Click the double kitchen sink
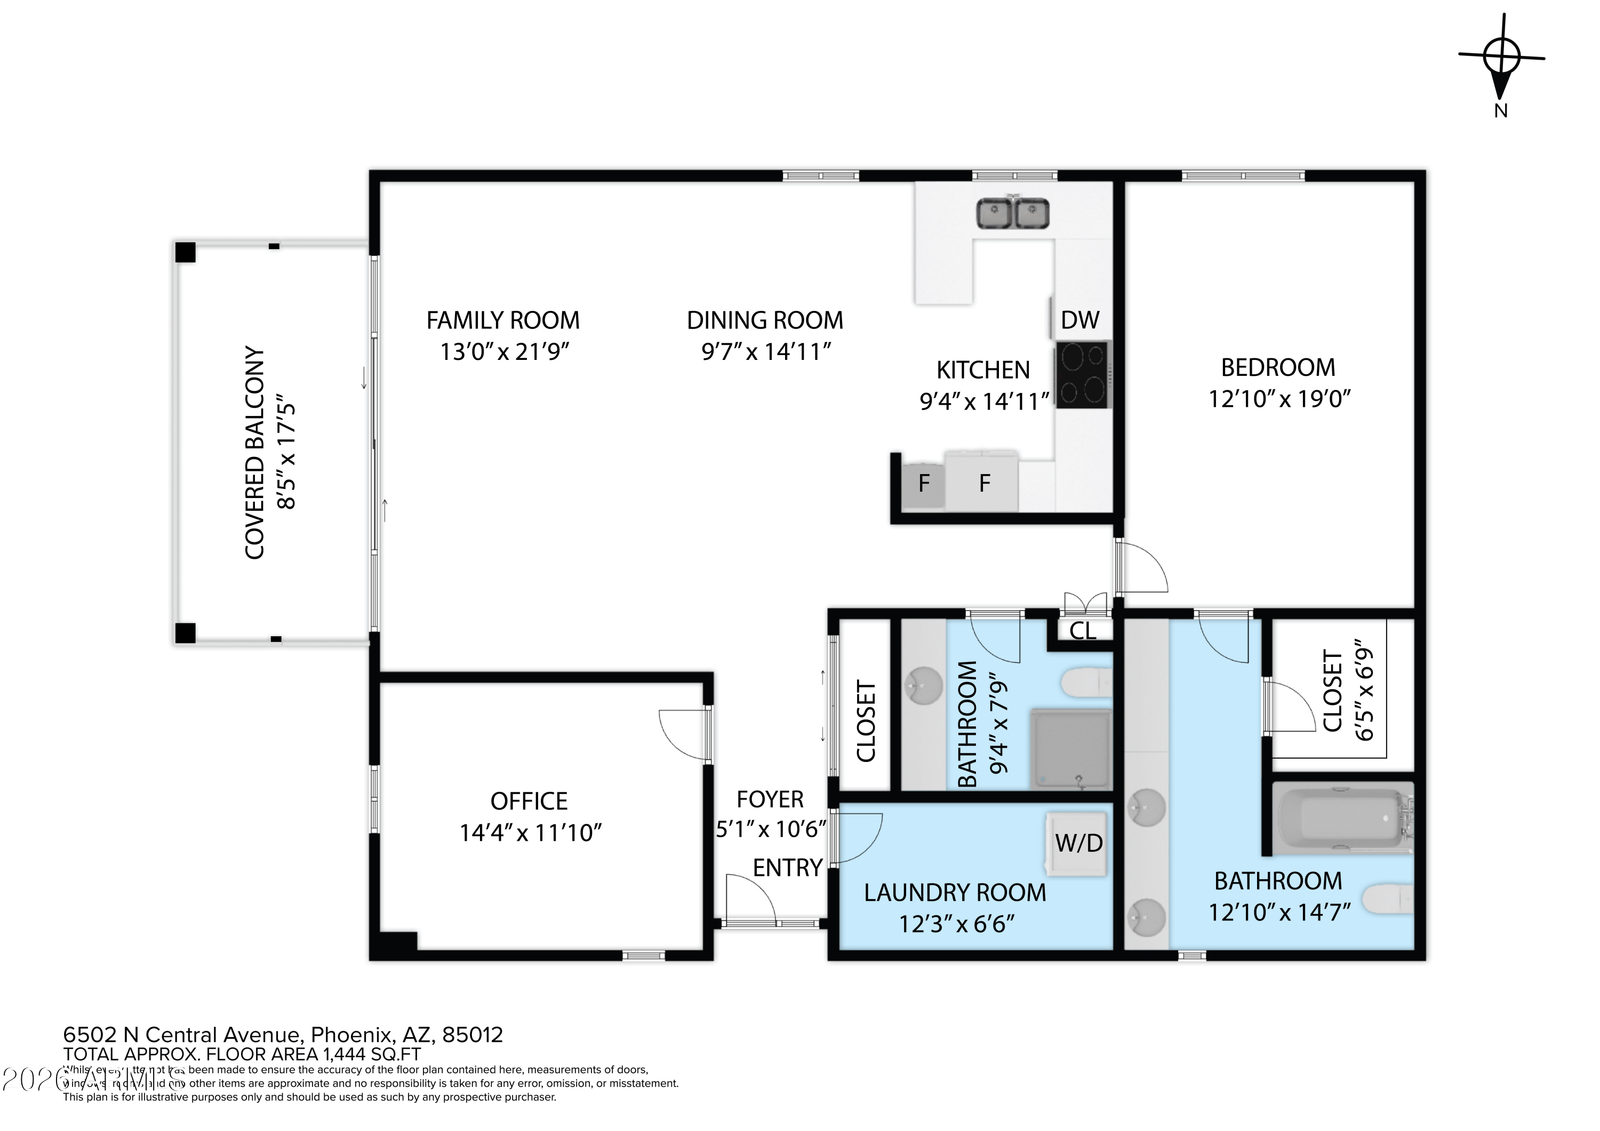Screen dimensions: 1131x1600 (1013, 213)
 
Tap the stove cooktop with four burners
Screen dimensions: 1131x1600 (1082, 374)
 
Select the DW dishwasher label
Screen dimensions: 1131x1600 (1079, 320)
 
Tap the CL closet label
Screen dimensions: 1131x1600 (1082, 631)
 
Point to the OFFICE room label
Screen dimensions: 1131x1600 (529, 801)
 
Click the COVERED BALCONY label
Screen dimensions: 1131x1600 (255, 452)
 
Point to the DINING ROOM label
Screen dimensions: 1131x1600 (764, 320)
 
